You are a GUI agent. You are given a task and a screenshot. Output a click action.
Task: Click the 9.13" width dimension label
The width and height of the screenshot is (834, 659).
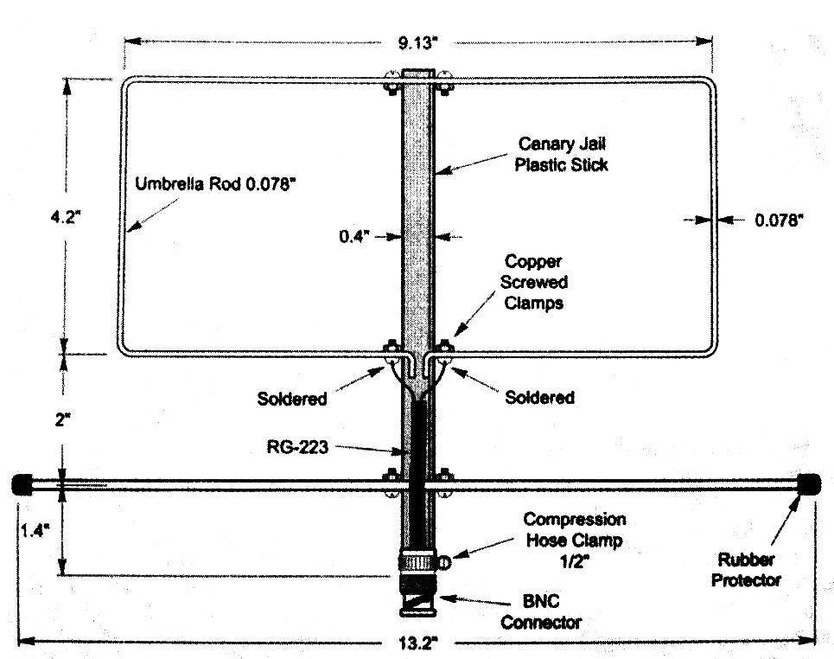[417, 42]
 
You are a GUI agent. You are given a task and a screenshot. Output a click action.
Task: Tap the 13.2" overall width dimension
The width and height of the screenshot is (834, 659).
[417, 643]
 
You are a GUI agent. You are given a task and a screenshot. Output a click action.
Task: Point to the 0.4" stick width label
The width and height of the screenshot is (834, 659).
[354, 236]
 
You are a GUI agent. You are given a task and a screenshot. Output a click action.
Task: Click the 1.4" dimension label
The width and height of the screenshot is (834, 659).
[35, 530]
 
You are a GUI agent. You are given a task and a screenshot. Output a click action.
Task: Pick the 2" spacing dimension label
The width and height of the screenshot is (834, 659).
[62, 420]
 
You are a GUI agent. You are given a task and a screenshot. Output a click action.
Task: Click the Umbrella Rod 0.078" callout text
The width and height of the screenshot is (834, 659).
[215, 184]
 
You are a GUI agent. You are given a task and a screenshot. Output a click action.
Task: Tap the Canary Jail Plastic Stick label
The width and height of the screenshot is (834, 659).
[561, 154]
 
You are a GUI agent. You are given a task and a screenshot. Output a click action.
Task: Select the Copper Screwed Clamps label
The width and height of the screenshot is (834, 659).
[533, 282]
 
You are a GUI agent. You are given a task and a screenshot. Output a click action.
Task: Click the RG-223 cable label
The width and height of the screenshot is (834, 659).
[297, 447]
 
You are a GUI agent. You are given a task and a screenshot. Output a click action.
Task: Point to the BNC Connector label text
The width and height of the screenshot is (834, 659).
[541, 611]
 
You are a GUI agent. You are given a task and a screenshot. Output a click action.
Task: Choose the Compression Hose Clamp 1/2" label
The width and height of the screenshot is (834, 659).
[575, 541]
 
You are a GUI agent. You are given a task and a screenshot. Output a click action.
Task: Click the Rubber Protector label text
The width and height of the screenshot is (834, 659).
[746, 570]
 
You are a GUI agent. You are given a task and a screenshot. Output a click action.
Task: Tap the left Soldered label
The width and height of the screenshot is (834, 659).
[292, 399]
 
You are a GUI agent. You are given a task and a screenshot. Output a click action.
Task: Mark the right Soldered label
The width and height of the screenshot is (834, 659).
[539, 397]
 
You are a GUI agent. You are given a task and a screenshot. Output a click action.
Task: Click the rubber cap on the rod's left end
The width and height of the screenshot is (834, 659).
[22, 484]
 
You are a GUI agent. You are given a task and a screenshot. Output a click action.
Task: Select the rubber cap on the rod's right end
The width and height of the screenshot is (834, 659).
[809, 484]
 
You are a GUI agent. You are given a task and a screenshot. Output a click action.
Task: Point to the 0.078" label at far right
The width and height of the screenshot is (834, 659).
[779, 220]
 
